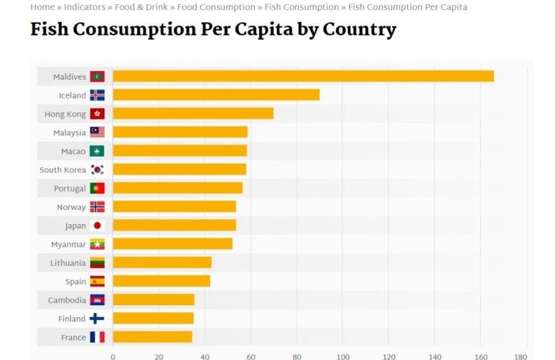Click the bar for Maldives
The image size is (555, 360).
302,76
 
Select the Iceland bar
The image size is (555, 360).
216,95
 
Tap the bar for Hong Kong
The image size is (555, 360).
193,114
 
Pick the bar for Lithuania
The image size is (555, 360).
162,263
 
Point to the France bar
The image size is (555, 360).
152,337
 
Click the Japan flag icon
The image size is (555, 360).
97,226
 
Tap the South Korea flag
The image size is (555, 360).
97,170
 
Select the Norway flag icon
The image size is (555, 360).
97,207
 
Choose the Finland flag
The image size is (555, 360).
97,319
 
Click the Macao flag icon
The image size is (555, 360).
97,152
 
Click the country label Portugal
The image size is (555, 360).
70,189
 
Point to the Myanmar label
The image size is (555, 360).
68,244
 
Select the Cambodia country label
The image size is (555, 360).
67,300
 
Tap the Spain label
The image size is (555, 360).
75,282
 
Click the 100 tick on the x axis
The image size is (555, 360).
343,356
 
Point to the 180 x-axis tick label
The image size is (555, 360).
521,356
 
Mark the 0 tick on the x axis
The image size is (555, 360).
112,356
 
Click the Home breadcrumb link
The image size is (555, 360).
42,7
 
